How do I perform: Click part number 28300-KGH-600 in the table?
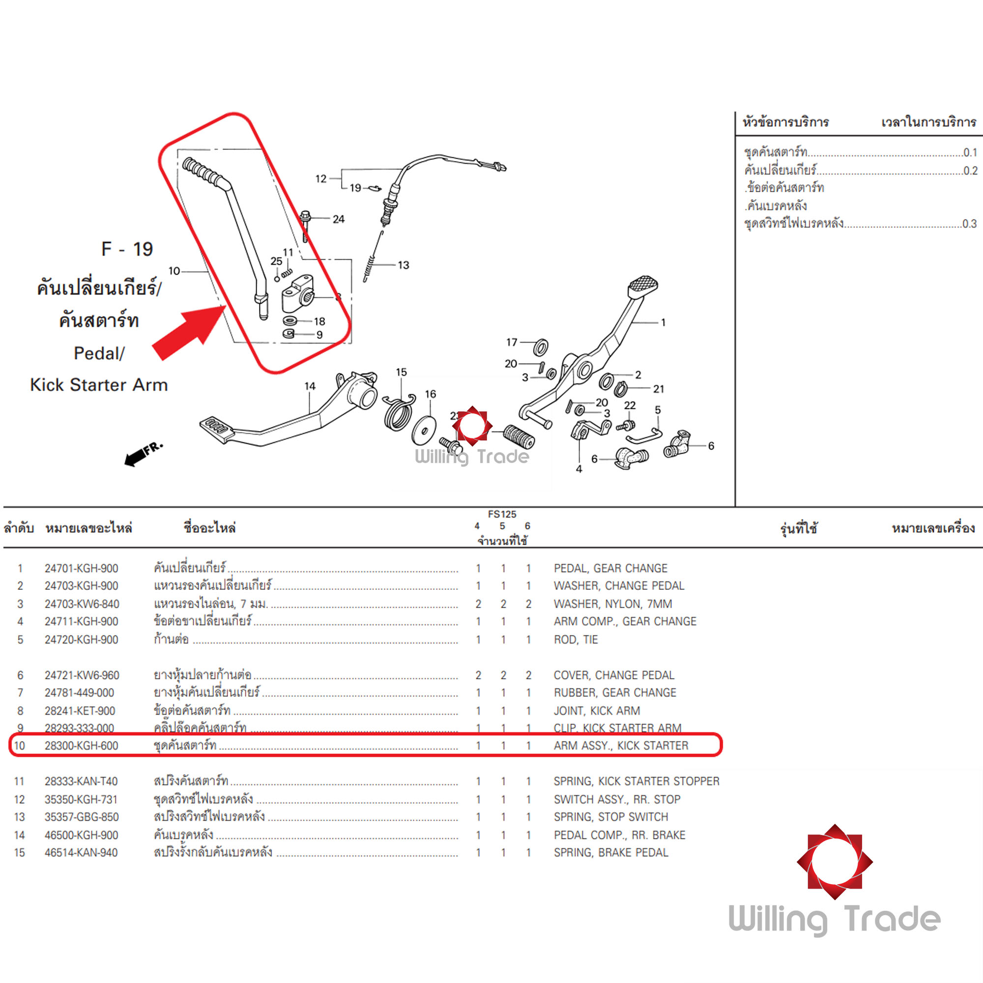point(81,746)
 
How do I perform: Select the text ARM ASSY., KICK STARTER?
point(621,746)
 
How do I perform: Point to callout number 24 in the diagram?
point(338,219)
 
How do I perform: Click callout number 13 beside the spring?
point(403,265)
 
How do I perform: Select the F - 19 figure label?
point(127,249)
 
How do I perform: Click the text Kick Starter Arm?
point(99,385)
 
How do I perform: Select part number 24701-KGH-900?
point(81,568)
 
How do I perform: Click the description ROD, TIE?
point(576,639)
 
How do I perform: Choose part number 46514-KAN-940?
point(81,852)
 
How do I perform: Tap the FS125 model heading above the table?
point(502,515)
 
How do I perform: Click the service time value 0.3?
point(969,223)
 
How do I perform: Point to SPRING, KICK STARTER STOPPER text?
point(636,781)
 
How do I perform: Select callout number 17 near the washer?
point(511,343)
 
